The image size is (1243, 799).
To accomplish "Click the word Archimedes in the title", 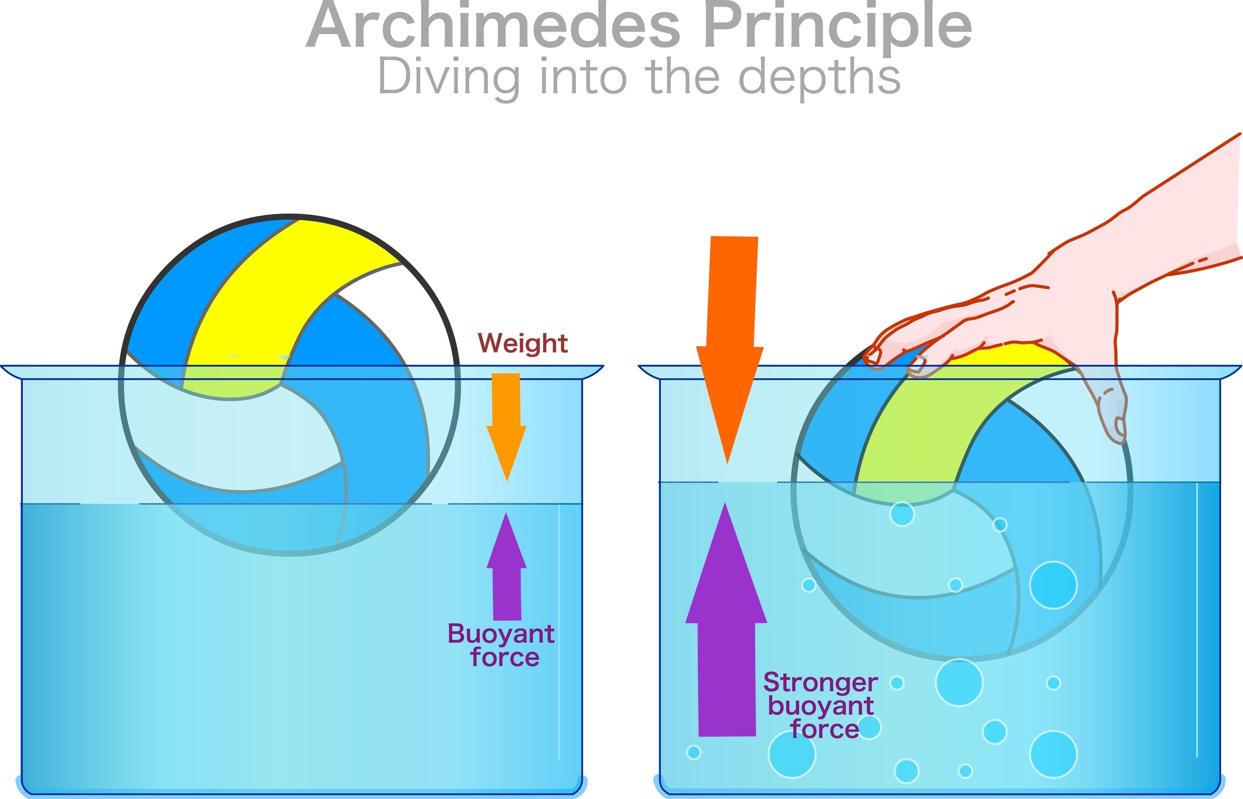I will (x=493, y=26).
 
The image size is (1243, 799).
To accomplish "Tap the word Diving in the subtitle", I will (x=449, y=78).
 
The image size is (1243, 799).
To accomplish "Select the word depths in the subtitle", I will (x=819, y=78).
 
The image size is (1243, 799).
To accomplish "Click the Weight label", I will (x=522, y=344).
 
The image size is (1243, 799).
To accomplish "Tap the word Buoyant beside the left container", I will (x=501, y=634).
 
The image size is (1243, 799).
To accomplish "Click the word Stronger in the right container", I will (x=820, y=683).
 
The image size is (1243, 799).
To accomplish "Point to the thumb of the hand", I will (x=1112, y=410).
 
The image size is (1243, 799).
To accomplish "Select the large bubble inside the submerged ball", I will (x=1053, y=584).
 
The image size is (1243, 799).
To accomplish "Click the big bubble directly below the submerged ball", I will (x=959, y=683).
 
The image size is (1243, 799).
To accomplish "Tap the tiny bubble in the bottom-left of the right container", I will (x=694, y=752).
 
